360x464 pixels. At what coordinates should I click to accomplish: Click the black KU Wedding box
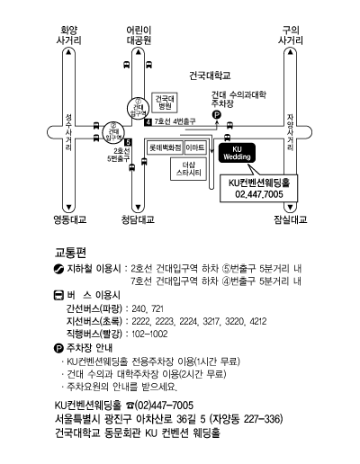[x=237, y=153]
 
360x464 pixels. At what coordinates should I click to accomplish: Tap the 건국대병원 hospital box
[x=165, y=103]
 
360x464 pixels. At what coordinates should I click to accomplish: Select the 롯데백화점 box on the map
[x=166, y=147]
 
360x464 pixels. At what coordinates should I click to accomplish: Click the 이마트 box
[x=195, y=147]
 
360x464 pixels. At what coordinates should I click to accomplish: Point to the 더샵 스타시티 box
[x=188, y=169]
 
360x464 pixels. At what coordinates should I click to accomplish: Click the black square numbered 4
[x=148, y=122]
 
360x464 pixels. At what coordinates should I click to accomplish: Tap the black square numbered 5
[x=128, y=142]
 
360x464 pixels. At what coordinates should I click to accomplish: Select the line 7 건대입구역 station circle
[x=138, y=108]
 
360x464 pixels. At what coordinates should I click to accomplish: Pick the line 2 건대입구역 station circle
[x=113, y=132]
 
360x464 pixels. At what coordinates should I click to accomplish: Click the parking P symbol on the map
[x=216, y=114]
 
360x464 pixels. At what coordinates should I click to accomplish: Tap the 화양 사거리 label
[x=69, y=35]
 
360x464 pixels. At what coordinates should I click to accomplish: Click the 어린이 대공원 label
[x=139, y=35]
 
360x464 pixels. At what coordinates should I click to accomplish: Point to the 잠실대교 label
[x=291, y=219]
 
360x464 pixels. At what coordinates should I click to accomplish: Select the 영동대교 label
[x=70, y=219]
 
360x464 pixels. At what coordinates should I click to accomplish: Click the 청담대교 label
[x=138, y=219]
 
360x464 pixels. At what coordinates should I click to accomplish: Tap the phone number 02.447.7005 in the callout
[x=259, y=194]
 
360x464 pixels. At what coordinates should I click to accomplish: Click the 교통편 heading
[x=70, y=253]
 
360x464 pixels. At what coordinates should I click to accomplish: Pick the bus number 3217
[x=211, y=322]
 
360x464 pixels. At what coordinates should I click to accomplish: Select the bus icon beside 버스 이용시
[x=58, y=295]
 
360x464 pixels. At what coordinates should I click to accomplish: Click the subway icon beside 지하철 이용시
[x=58, y=268]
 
